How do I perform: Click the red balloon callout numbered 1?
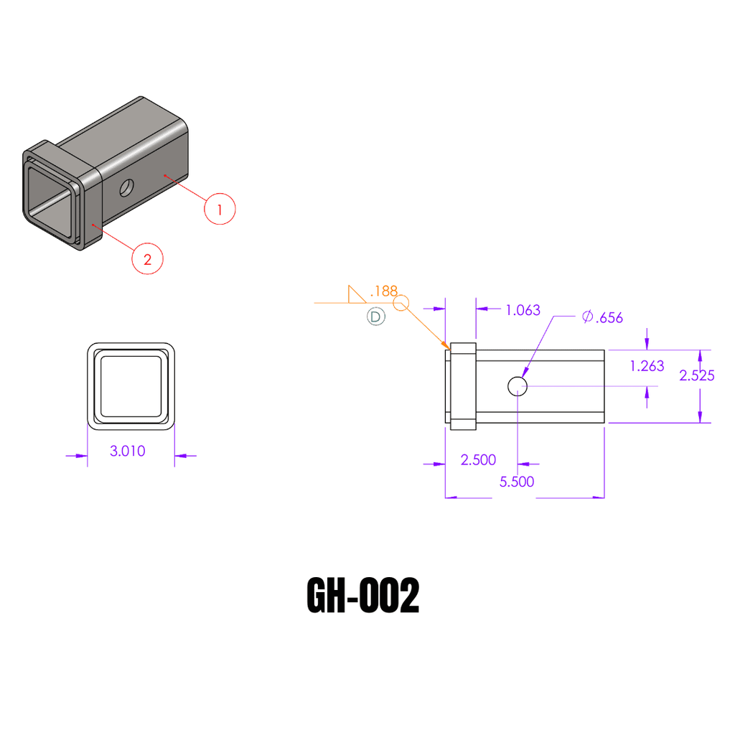pos(220,209)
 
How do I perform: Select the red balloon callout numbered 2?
pos(147,259)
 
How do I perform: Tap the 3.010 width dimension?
pos(127,451)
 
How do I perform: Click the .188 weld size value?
pos(383,291)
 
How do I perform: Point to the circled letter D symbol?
pos(376,316)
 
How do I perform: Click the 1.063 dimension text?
pos(523,310)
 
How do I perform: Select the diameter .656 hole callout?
pos(603,317)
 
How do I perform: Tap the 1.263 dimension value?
pos(647,366)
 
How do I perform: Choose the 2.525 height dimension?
pos(696,375)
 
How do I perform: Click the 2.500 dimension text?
pos(478,460)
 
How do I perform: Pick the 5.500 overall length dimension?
pos(517,482)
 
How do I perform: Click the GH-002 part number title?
pos(363,596)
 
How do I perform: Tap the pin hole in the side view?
pos(518,386)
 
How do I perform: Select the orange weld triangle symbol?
pos(355,295)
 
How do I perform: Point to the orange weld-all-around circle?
pos(401,304)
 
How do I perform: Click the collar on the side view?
pos(464,386)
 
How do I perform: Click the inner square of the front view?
pos(131,385)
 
